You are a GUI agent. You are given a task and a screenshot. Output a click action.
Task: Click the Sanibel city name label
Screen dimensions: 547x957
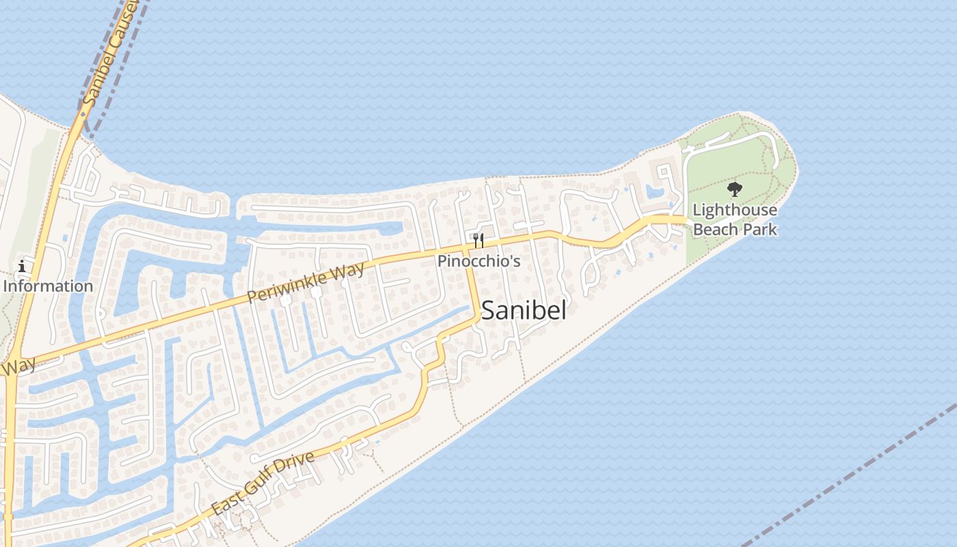pos(524,311)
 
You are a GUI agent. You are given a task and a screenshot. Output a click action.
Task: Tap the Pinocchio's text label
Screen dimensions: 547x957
pos(479,261)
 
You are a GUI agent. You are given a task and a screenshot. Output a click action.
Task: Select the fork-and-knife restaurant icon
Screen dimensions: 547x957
pos(478,240)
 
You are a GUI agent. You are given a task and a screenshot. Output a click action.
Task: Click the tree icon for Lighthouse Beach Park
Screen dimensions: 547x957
pos(735,189)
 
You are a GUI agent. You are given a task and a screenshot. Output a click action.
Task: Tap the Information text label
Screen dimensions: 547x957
pos(48,286)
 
